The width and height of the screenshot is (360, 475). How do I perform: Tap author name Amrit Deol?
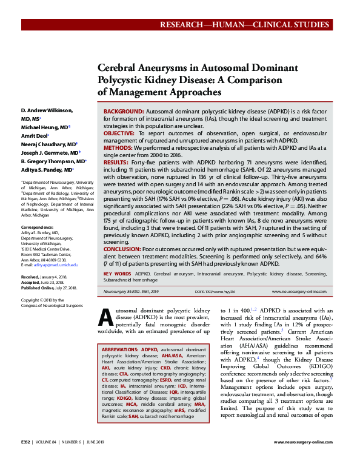(x=36, y=136)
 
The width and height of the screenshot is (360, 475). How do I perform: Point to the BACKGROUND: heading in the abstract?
(x=124, y=113)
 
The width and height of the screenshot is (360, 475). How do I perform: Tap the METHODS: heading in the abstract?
(x=119, y=147)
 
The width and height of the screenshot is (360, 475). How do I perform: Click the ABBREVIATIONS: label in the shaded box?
(x=121, y=350)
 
